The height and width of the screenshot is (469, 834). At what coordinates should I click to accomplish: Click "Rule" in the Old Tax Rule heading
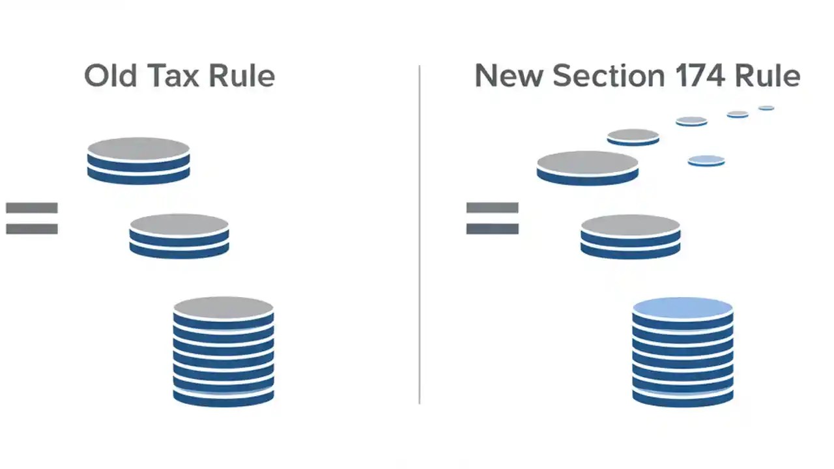[241, 76]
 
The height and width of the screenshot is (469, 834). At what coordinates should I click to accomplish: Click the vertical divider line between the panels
[419, 234]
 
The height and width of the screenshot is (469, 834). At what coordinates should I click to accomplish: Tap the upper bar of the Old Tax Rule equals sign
[32, 208]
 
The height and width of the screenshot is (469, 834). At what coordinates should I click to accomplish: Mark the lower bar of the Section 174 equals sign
[493, 229]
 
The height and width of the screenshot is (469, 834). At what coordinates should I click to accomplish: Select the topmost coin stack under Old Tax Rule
[138, 160]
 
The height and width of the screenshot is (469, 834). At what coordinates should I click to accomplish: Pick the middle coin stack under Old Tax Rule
[179, 236]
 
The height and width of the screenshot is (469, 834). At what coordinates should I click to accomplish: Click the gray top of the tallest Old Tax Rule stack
[223, 307]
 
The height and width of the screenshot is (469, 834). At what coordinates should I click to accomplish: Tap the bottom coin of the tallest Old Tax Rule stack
[223, 397]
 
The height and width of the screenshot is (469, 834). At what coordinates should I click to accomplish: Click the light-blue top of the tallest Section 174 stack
[683, 307]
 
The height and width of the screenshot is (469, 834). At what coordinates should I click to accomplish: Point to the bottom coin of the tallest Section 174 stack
[683, 397]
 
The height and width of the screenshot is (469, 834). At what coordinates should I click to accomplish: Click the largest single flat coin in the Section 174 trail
[588, 167]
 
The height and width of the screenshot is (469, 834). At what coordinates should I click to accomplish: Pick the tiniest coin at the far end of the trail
[766, 108]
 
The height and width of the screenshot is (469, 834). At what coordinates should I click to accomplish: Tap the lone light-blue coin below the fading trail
[706, 160]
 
